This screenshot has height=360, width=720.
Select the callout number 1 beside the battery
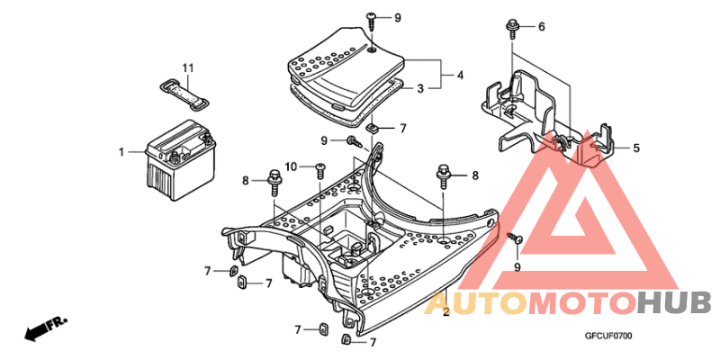[x=121, y=152]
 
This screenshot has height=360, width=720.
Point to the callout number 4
[x=460, y=76]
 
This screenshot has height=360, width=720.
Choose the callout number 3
[x=420, y=89]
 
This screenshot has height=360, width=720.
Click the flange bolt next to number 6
[x=512, y=26]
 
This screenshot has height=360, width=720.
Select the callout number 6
[x=542, y=27]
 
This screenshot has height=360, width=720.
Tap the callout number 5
[x=635, y=148]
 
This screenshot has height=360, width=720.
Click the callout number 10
[x=291, y=166]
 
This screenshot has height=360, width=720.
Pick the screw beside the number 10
[x=319, y=167]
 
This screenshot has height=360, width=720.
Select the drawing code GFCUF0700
[x=609, y=337]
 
